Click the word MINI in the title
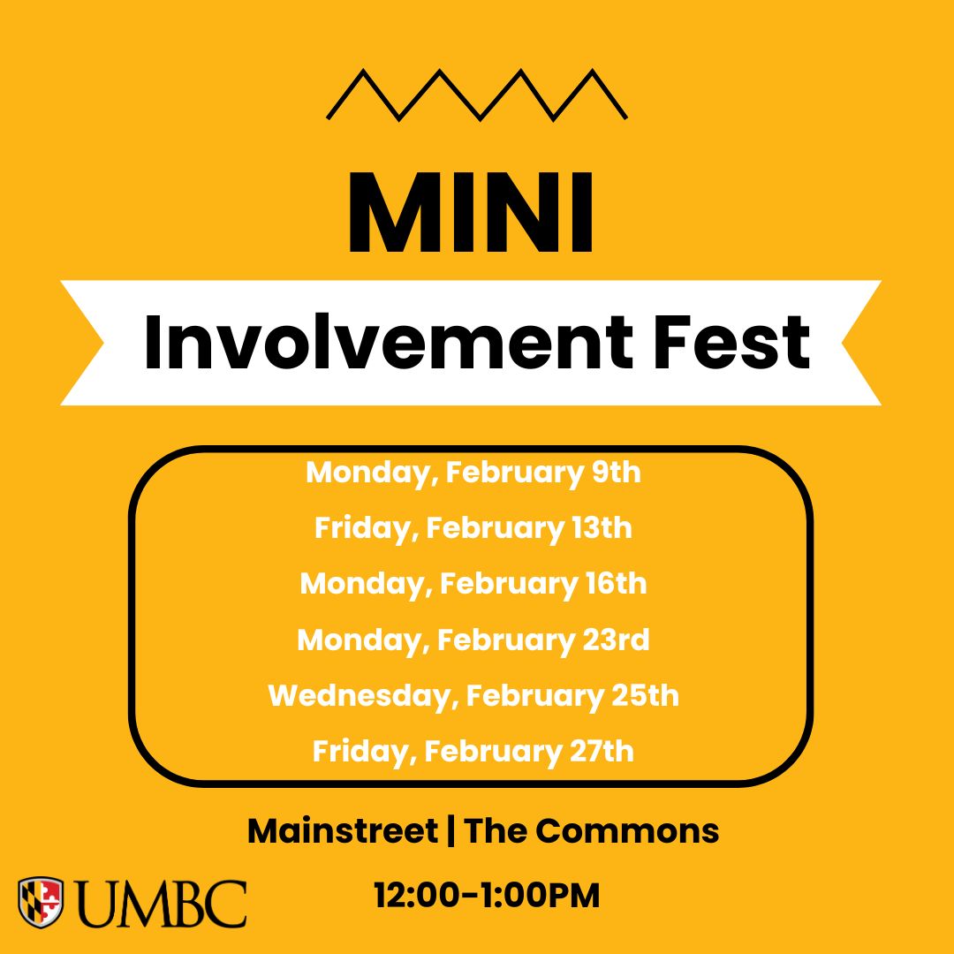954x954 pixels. (x=471, y=214)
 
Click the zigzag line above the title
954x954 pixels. (x=476, y=95)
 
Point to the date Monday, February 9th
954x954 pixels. (x=473, y=473)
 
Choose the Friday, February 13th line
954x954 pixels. (x=473, y=528)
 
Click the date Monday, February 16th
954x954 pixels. (x=473, y=584)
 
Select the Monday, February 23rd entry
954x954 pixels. (x=473, y=640)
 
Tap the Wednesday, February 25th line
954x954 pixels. (x=473, y=695)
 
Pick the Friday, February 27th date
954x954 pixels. (x=473, y=752)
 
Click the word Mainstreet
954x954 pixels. (x=342, y=831)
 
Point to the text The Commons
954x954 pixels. (x=592, y=831)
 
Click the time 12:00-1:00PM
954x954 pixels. (x=487, y=896)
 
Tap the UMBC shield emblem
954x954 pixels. (x=41, y=902)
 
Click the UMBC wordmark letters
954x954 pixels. (x=160, y=903)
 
